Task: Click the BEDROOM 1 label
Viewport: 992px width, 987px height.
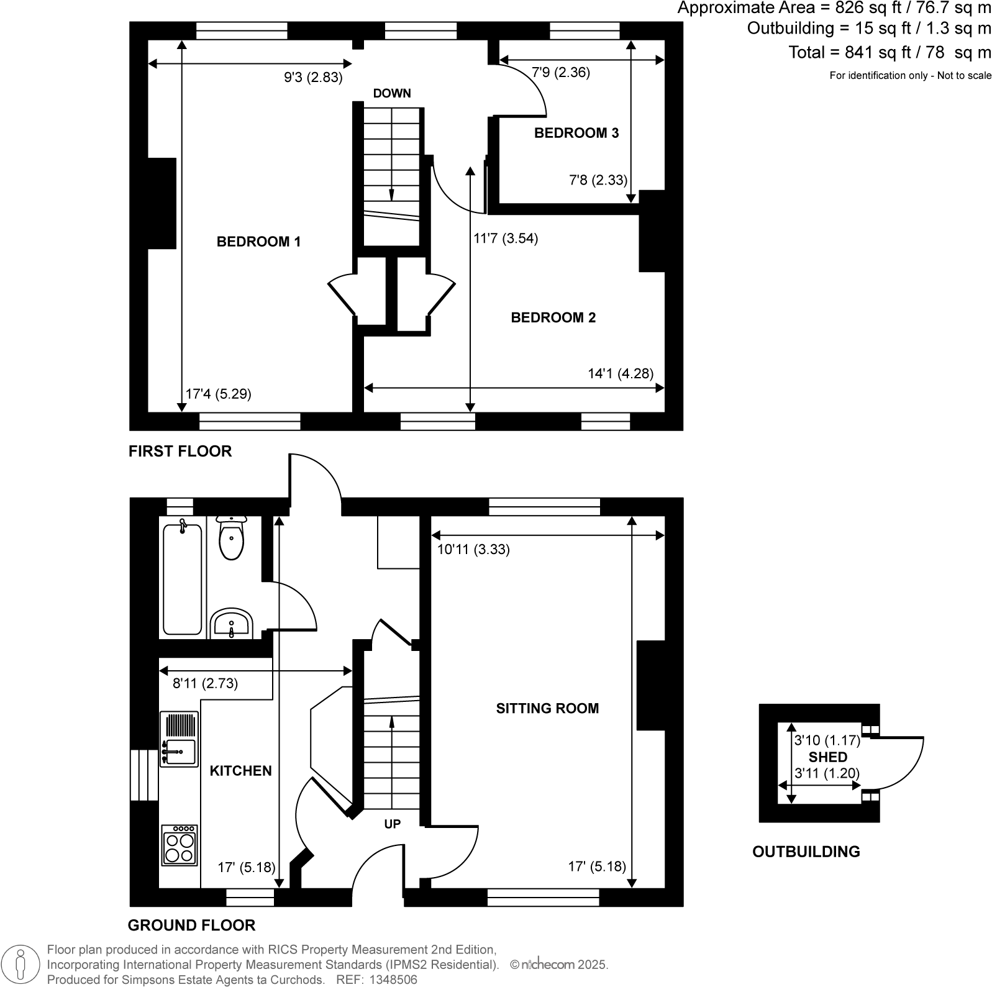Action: [x=258, y=242]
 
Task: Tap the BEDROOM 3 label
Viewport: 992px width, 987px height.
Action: [x=576, y=133]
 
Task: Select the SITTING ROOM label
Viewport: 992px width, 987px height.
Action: [x=547, y=708]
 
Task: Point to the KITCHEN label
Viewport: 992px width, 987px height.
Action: [x=240, y=771]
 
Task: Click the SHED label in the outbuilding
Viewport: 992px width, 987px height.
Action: [x=827, y=757]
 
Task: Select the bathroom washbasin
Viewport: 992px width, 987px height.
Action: [x=231, y=624]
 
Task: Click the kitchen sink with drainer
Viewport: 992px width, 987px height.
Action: [x=178, y=740]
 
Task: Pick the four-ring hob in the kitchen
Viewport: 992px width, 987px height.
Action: [x=179, y=845]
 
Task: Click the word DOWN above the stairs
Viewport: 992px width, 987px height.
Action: [x=391, y=94]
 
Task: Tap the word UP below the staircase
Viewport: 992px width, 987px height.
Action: [x=392, y=824]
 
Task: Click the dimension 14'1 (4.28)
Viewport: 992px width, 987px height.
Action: [x=620, y=373]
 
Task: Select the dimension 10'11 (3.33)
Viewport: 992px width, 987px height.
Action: [x=473, y=550]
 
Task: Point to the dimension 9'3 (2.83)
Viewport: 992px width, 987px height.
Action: [x=313, y=78]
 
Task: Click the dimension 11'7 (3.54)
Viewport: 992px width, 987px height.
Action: [x=506, y=239]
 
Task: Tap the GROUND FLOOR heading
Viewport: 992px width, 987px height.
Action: [x=191, y=926]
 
